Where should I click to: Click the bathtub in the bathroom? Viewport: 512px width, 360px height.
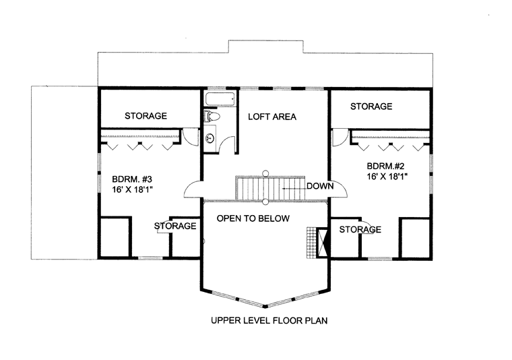[220, 99]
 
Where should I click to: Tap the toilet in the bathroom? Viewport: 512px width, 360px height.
[212, 116]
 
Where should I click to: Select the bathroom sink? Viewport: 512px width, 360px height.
[210, 138]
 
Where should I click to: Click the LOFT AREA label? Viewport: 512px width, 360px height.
[272, 117]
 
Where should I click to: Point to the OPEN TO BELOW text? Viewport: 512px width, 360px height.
[253, 218]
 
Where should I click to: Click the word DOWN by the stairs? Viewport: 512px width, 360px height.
[320, 186]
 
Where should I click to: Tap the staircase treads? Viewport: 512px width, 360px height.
[270, 188]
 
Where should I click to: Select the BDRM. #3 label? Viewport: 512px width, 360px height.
[132, 179]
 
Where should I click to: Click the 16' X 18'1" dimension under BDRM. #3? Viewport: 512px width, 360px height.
[133, 190]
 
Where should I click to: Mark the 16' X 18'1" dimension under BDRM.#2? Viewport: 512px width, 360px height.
[387, 177]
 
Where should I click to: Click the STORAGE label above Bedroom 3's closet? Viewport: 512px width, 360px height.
[146, 116]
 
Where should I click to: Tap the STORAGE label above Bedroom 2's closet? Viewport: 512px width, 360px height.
[371, 107]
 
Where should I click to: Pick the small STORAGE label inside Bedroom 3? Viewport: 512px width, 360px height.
[175, 226]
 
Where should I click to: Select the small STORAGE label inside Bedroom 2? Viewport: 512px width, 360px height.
[360, 230]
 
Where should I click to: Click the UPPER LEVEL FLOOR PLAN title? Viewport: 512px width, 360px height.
[269, 320]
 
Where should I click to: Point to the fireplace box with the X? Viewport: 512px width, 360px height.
[322, 243]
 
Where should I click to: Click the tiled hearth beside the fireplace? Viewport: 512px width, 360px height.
[311, 243]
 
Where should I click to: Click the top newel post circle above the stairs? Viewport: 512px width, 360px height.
[266, 173]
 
